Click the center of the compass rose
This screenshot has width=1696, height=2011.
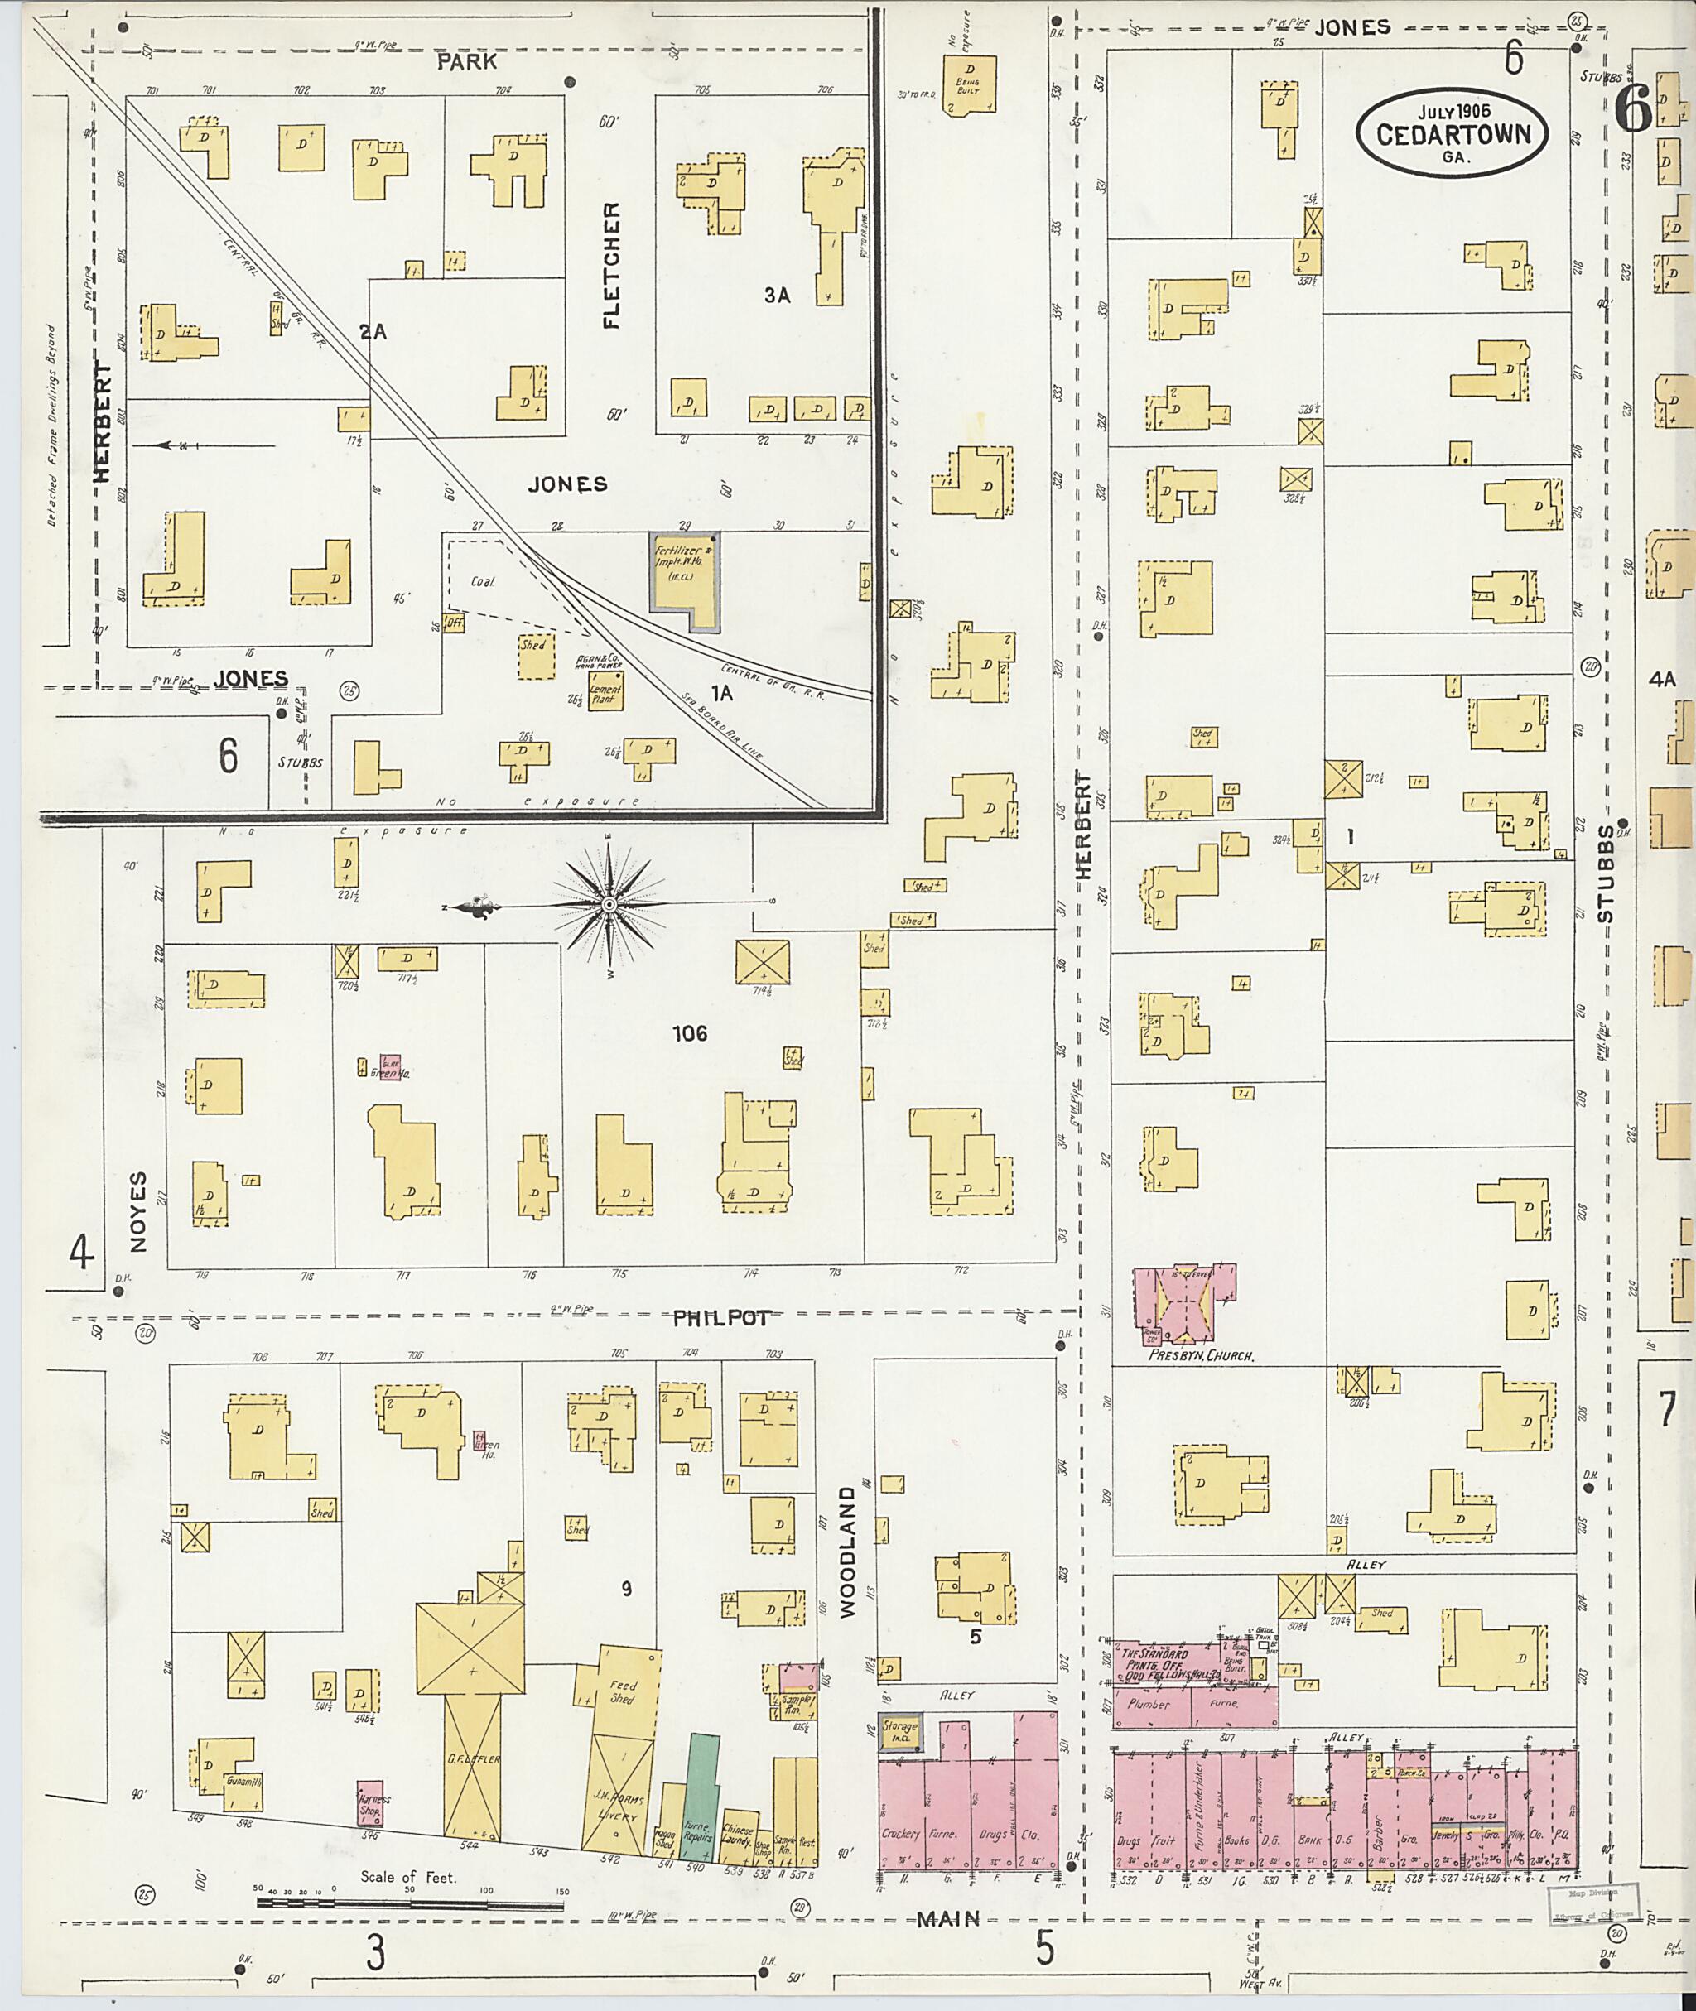click(609, 905)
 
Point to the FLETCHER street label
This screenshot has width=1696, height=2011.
click(611, 265)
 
